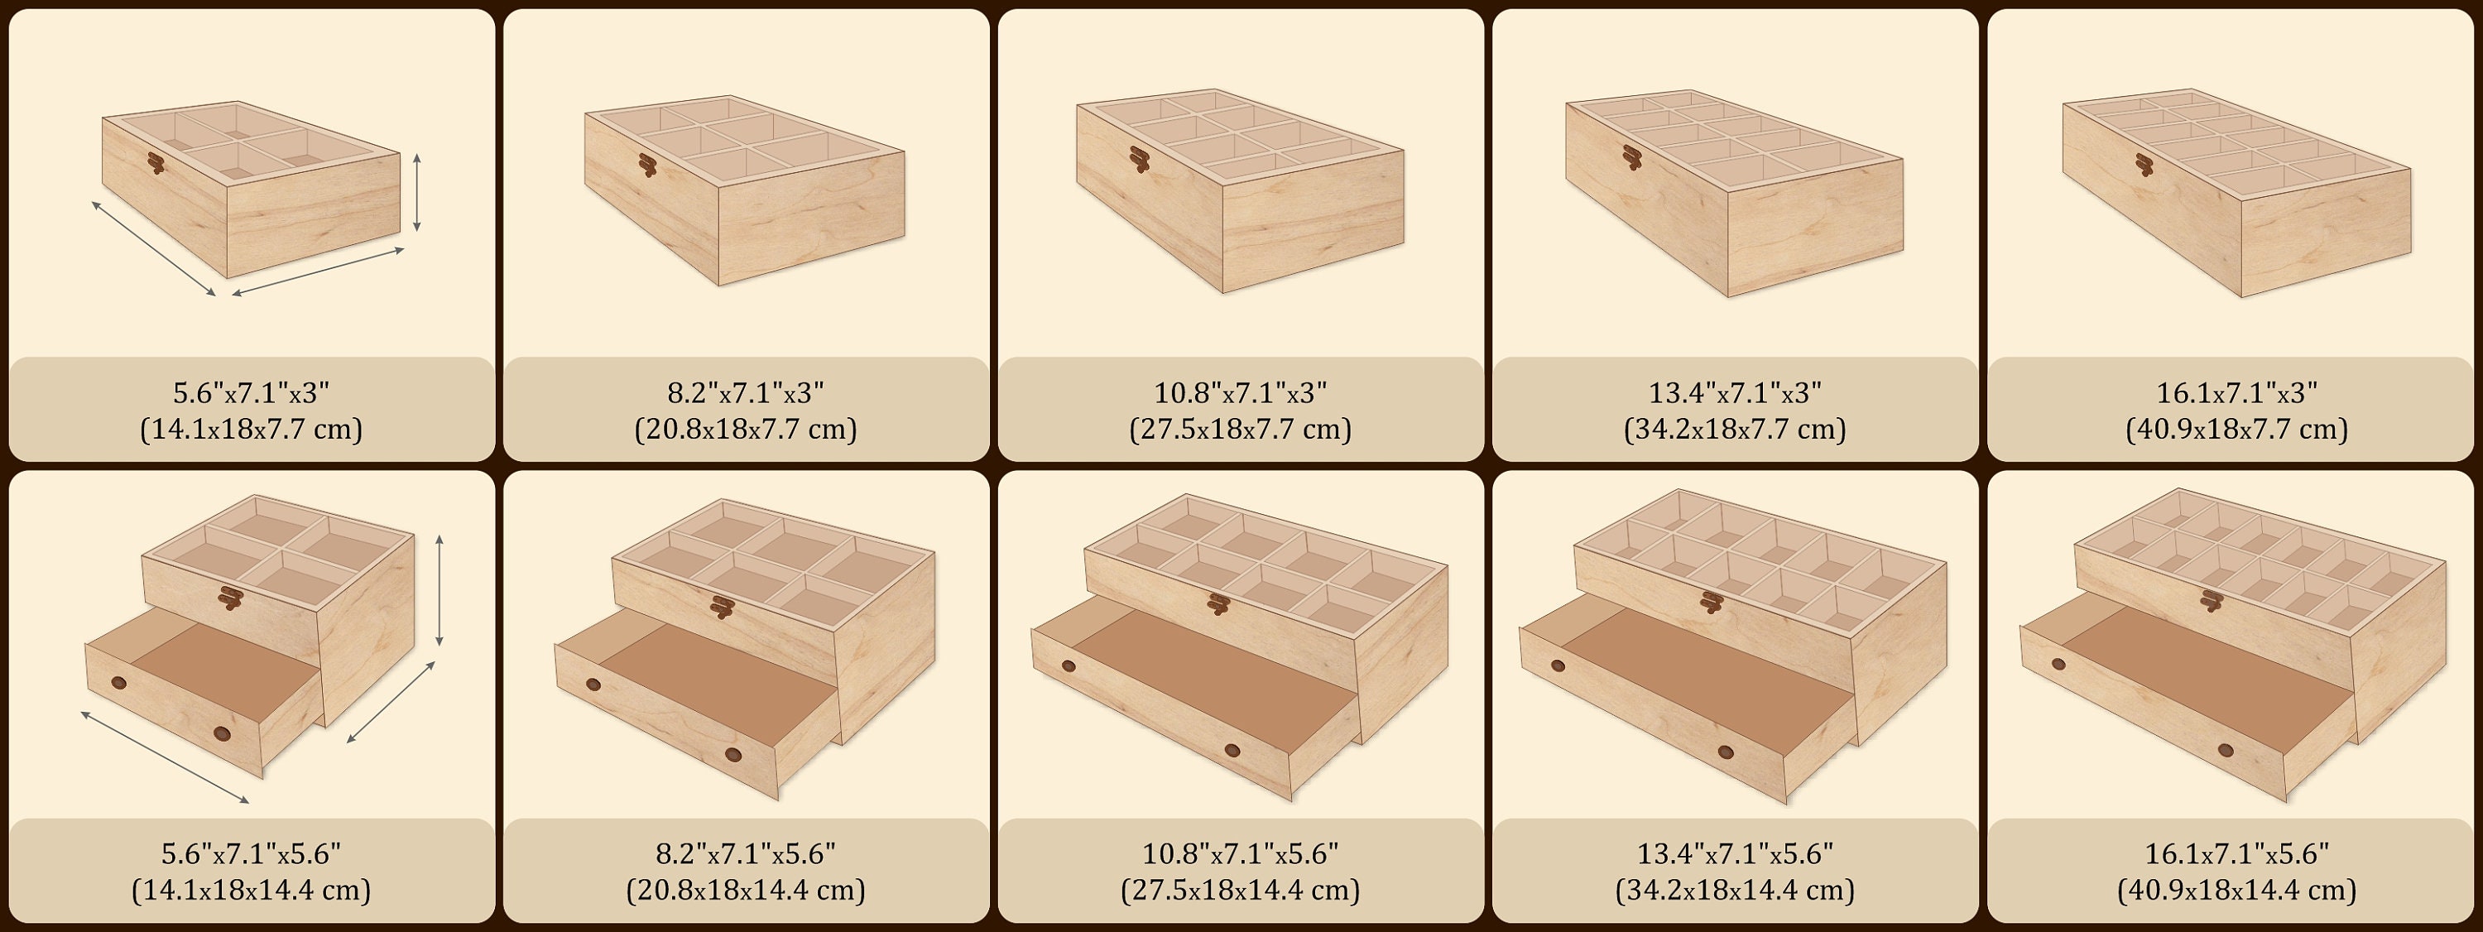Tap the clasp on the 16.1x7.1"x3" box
tap(2144, 165)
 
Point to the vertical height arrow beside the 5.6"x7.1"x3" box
tap(416, 193)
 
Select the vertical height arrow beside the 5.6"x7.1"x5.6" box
tap(439, 590)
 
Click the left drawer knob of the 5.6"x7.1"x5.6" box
tap(118, 682)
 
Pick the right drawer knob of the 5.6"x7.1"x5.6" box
tap(223, 734)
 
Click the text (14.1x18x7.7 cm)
tap(251, 429)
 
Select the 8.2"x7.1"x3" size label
tap(745, 392)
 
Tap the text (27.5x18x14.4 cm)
tap(1240, 890)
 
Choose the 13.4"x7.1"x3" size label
tap(1734, 392)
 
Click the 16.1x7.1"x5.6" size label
tap(2236, 853)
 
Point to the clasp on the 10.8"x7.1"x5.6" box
tap(1218, 604)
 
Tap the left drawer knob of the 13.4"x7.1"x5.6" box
tap(1558, 665)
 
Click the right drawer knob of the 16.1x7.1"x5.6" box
tap(2226, 750)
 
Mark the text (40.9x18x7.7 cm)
tap(2236, 429)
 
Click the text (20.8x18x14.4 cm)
tap(745, 890)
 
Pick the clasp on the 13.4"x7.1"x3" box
tap(1631, 157)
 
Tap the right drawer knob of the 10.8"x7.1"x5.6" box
tap(1232, 750)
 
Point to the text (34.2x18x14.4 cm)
tap(1734, 890)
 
